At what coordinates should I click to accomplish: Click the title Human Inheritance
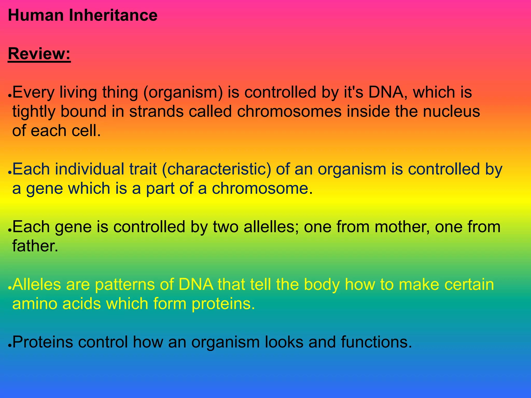[x=82, y=15]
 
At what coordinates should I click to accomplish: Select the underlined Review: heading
[x=39, y=54]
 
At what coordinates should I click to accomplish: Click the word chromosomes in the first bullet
[x=289, y=112]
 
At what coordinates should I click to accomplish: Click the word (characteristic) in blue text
[x=216, y=169]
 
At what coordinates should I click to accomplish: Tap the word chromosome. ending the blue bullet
[x=262, y=188]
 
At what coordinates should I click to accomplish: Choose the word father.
[x=35, y=246]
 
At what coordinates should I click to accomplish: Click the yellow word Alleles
[x=37, y=284]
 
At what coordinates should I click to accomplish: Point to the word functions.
[x=376, y=342]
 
